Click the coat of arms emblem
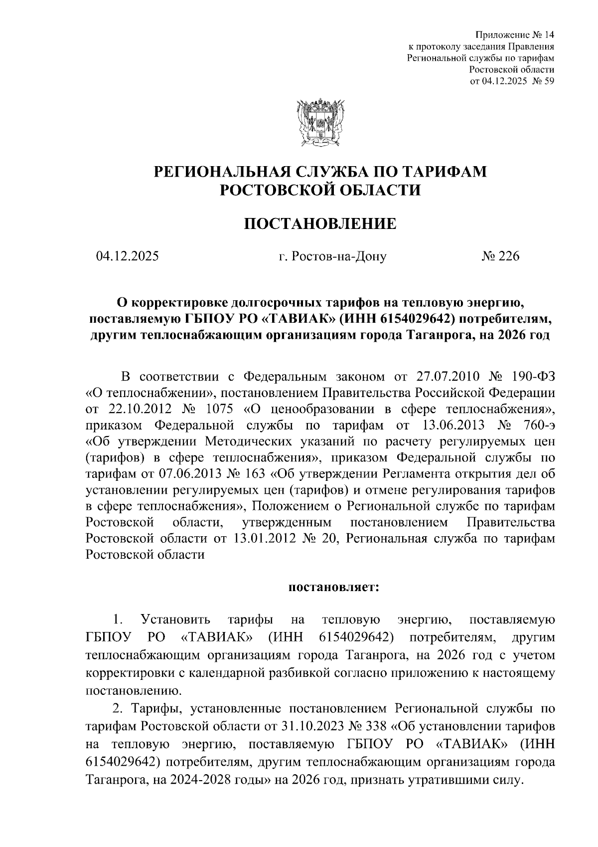click(x=319, y=122)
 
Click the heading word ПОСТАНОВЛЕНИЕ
click(x=319, y=223)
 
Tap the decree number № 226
click(x=500, y=256)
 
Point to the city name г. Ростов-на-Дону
click(x=332, y=257)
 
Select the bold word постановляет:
click(x=334, y=587)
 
